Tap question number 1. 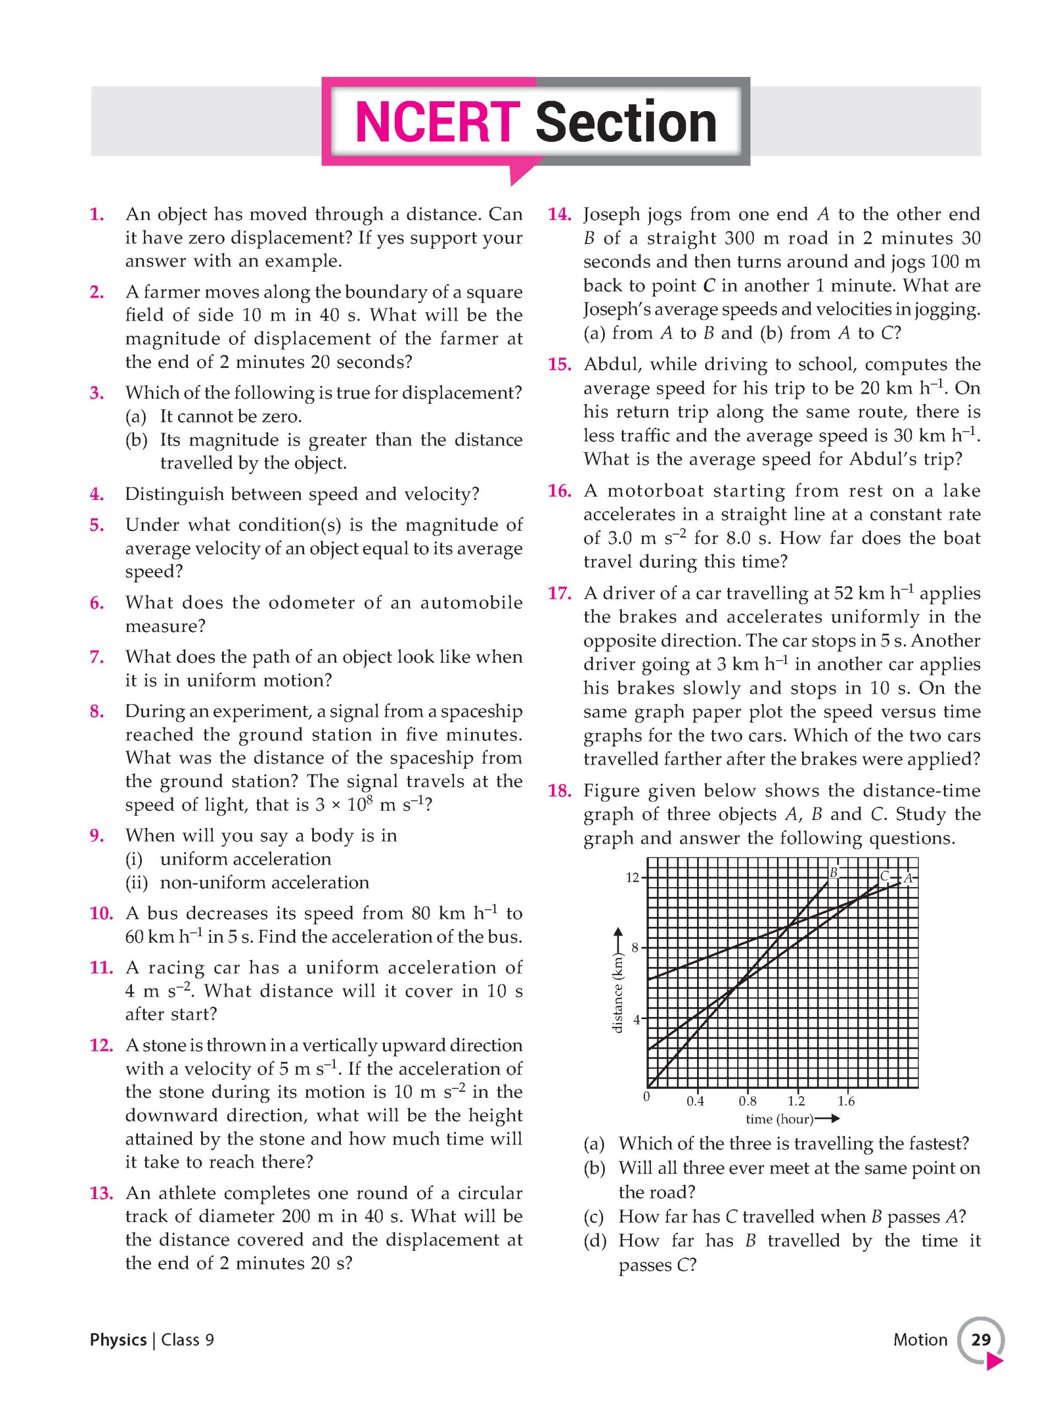[97, 214]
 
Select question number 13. [101, 1193]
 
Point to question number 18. [559, 791]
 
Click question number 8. [97, 711]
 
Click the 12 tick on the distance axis [632, 878]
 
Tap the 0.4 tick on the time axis [695, 1101]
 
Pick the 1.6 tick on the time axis [846, 1101]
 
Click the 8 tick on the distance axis [634, 948]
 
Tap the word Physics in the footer [118, 1340]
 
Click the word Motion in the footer [920, 1340]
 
